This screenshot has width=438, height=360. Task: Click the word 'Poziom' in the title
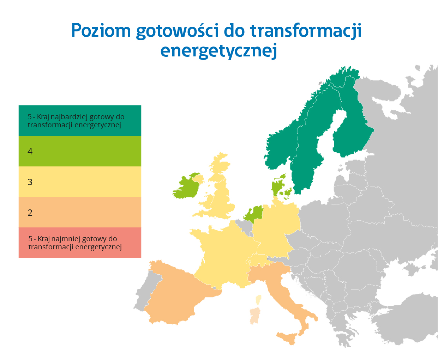point(101,31)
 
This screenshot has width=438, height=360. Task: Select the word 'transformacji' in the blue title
point(306,31)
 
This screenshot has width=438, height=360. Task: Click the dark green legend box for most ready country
point(80,121)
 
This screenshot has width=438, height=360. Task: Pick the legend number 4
point(30,152)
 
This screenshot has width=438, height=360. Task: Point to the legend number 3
point(30,182)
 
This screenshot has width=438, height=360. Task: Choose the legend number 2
point(30,213)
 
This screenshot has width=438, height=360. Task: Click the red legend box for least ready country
point(80,243)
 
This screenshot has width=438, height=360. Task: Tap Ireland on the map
point(186,187)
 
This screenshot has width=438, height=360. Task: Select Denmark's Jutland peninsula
point(277,185)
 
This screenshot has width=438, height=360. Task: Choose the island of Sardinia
point(255,316)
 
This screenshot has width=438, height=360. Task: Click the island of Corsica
point(259,300)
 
